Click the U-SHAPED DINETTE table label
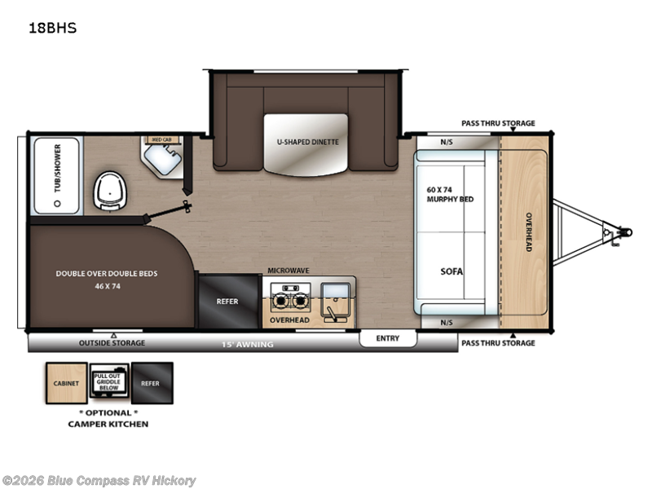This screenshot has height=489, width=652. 306,142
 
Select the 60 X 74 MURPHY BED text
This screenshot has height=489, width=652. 450,194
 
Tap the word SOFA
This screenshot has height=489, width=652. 452,271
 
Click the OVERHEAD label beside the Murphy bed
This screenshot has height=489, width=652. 528,231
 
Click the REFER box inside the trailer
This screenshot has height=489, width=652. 227,302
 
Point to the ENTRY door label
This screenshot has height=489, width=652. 387,338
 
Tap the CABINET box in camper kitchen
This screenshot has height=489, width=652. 66,382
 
